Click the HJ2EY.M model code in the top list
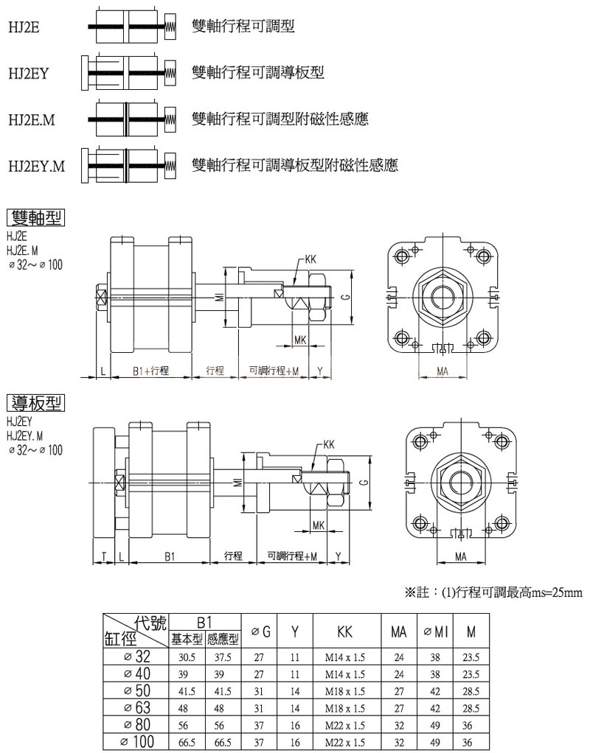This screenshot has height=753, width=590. coord(36,166)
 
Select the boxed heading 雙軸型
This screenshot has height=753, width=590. coord(35,217)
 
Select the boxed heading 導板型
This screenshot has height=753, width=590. coord(35,403)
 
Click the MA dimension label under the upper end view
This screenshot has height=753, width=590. coord(442,371)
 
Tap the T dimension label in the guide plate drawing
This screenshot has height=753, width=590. coord(104,556)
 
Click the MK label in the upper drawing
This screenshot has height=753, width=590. coord(300,340)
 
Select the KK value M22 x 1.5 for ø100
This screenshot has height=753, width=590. coord(345,741)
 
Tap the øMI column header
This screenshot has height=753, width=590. coord(435,631)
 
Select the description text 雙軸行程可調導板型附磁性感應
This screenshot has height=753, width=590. coord(294,165)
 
